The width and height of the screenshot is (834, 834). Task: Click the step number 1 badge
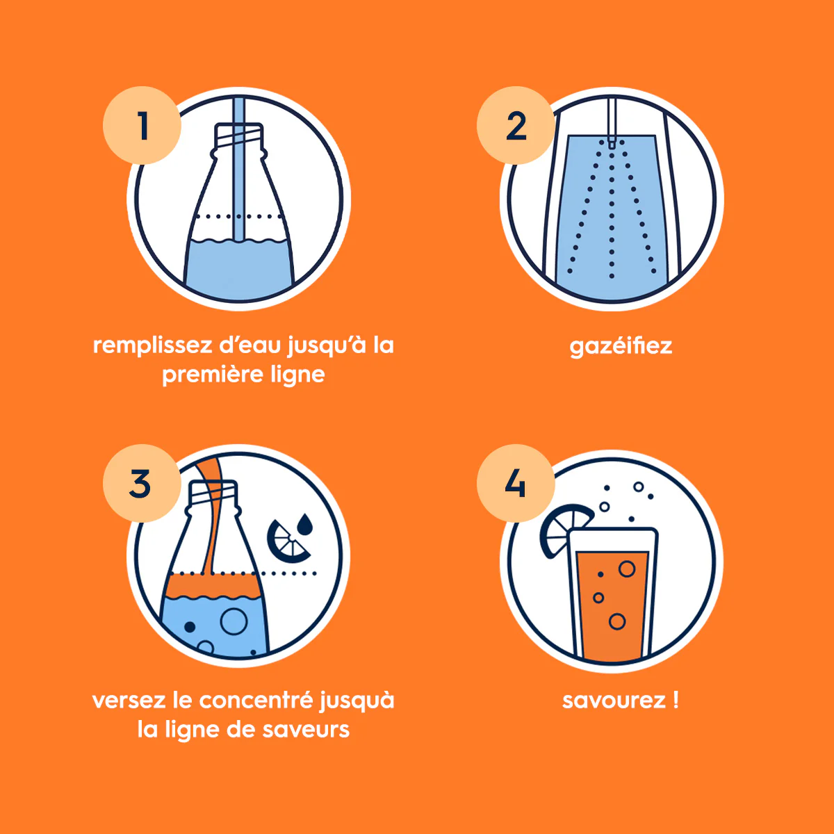(142, 125)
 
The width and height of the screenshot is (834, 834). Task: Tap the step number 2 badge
(516, 125)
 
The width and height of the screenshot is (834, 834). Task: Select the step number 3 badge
(142, 483)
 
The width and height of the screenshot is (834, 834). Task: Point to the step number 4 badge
(516, 483)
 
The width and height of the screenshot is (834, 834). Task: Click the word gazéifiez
(621, 347)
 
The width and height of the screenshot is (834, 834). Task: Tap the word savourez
(613, 701)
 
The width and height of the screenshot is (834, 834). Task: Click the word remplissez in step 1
(152, 347)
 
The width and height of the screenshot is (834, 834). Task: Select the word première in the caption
(213, 375)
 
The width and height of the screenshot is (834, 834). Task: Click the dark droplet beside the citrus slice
(305, 524)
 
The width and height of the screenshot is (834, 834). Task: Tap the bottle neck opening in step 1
(239, 126)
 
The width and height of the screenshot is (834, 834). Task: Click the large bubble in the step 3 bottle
(234, 621)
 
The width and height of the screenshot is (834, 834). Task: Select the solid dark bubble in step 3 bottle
(190, 626)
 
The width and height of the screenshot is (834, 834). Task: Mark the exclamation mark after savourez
(676, 701)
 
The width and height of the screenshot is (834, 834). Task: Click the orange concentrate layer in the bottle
(213, 585)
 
